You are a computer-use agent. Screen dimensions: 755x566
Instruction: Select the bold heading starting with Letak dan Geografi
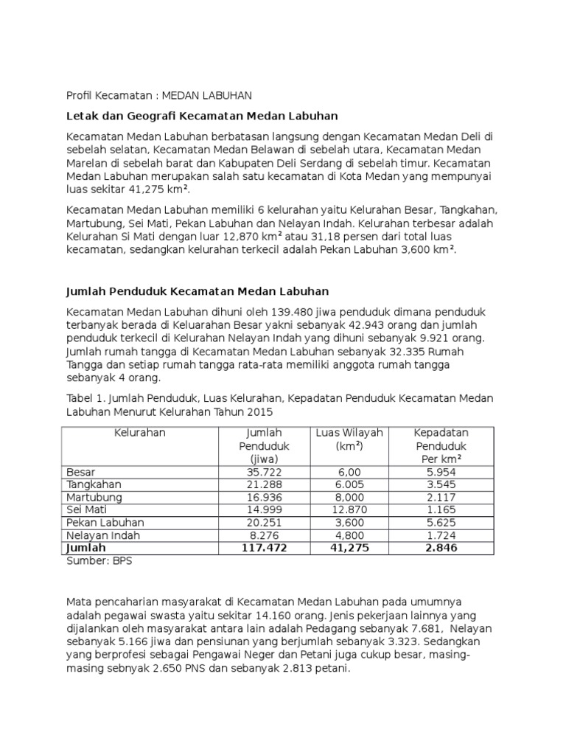tap(201, 116)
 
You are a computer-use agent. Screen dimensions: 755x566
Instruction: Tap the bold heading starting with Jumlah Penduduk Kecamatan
tap(198, 291)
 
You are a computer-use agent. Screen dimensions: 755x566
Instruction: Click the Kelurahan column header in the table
tap(139, 433)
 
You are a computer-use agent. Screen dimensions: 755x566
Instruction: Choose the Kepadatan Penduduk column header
tap(441, 446)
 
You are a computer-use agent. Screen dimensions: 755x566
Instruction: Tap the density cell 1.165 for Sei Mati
tap(441, 510)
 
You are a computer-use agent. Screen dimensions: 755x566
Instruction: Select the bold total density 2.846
tap(441, 549)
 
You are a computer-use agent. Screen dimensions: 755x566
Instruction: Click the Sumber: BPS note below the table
tap(99, 560)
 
